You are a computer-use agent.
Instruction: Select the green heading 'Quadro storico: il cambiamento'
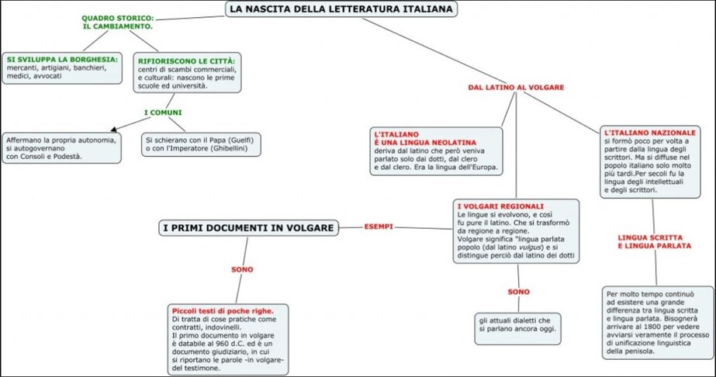click(x=117, y=22)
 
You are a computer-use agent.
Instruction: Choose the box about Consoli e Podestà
click(x=61, y=147)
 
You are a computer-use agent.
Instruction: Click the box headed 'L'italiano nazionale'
click(x=651, y=162)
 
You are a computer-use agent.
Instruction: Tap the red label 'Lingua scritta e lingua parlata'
click(x=655, y=240)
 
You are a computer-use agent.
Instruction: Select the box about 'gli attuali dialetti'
click(x=518, y=324)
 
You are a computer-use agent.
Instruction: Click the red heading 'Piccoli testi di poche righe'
click(x=223, y=310)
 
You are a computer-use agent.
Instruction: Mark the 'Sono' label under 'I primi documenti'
click(x=242, y=269)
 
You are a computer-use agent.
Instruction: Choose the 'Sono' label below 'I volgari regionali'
click(x=518, y=292)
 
